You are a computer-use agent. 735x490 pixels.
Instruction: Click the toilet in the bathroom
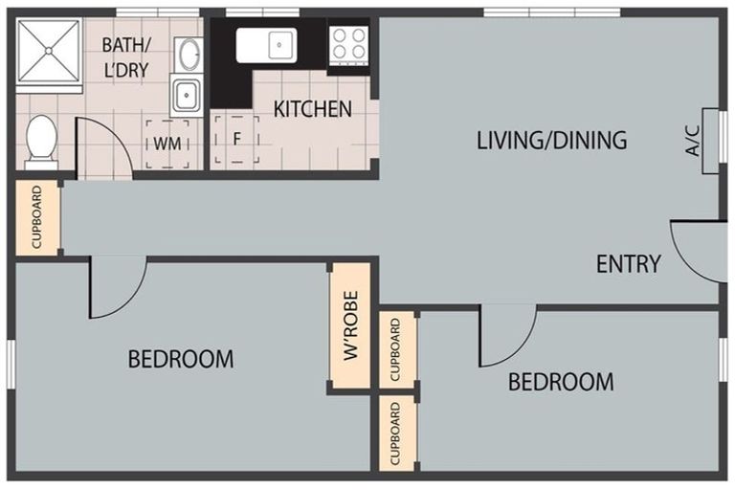(41, 142)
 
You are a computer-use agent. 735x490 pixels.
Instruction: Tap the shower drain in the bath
(48, 51)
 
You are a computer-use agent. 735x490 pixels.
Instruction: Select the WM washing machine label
(167, 144)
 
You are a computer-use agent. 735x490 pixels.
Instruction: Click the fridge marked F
(236, 140)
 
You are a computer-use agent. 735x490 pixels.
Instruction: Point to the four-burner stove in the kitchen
(348, 45)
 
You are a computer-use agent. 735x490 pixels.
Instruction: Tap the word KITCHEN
(313, 109)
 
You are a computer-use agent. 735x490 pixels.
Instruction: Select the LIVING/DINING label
(551, 140)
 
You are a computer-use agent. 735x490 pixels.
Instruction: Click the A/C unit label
(692, 140)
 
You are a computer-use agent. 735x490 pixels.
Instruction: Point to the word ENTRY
(628, 264)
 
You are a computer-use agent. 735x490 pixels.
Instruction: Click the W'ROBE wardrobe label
(350, 325)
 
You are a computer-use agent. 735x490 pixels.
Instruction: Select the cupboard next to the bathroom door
(37, 217)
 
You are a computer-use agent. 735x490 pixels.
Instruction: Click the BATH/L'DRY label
(125, 57)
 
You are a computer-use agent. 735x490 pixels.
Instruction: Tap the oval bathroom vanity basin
(189, 55)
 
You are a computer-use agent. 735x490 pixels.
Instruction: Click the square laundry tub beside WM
(187, 95)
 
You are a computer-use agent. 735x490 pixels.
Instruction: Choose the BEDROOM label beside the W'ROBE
(181, 359)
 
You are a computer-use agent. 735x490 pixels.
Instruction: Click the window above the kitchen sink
(262, 12)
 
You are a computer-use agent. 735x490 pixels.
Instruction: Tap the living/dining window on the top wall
(552, 12)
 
